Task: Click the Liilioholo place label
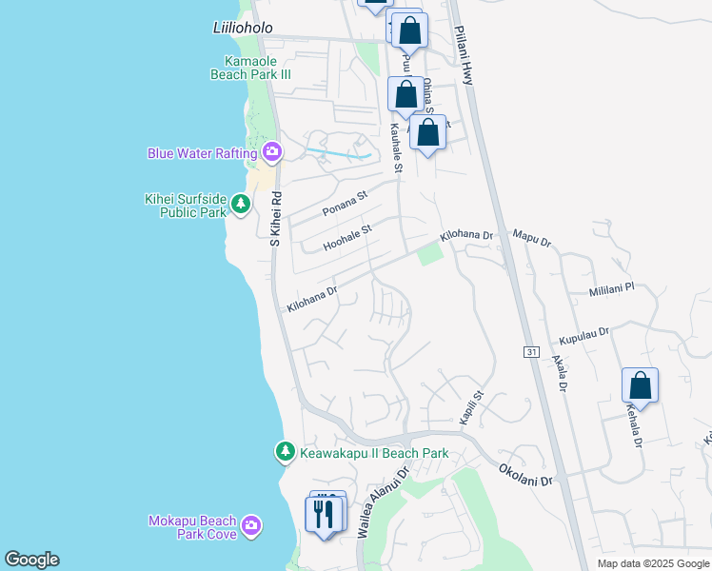243,29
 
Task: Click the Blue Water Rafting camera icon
272,152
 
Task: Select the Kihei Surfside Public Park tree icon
241,203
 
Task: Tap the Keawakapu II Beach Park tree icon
285,453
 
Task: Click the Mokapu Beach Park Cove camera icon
251,525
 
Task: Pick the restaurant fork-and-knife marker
326,514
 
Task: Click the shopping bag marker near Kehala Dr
640,385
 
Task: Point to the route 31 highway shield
531,351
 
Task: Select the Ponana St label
344,204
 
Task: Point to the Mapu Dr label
532,238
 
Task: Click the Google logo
31,560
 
